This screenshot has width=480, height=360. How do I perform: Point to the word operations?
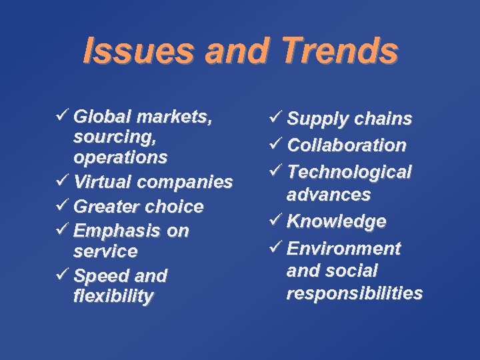tap(120, 158)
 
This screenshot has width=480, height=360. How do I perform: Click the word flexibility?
tap(113, 296)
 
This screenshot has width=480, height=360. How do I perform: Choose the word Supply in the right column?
tap(313, 119)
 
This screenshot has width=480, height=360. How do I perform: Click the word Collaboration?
tap(347, 145)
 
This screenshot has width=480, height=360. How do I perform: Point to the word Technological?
tap(349, 172)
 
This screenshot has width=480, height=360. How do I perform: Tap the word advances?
tap(329, 195)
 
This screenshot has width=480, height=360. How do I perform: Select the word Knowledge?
tap(337, 221)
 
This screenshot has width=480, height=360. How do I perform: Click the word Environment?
tap(343, 249)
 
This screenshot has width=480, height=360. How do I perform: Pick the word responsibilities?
tap(354, 293)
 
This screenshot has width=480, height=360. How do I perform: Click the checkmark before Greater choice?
tap(63, 206)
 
